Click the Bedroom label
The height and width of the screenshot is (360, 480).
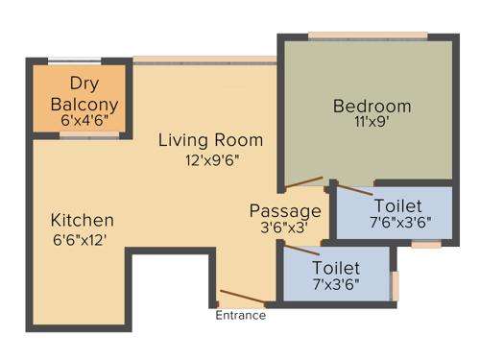pyautogui.click(x=372, y=106)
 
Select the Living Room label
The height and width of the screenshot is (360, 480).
pyautogui.click(x=211, y=141)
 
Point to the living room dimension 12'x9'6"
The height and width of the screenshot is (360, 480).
pyautogui.click(x=211, y=160)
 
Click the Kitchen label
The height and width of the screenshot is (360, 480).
pyautogui.click(x=83, y=220)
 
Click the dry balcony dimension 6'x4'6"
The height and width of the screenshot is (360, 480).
pyautogui.click(x=84, y=122)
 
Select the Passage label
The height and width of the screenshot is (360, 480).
pyautogui.click(x=285, y=210)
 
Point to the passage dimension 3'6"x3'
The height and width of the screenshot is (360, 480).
pyautogui.click(x=285, y=229)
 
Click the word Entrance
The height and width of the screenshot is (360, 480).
pyautogui.click(x=240, y=316)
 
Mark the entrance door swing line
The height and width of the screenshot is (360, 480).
pyautogui.click(x=240, y=297)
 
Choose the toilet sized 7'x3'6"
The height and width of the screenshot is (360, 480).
pyautogui.click(x=336, y=276)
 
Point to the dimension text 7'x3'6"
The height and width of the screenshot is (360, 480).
pyautogui.click(x=336, y=286)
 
